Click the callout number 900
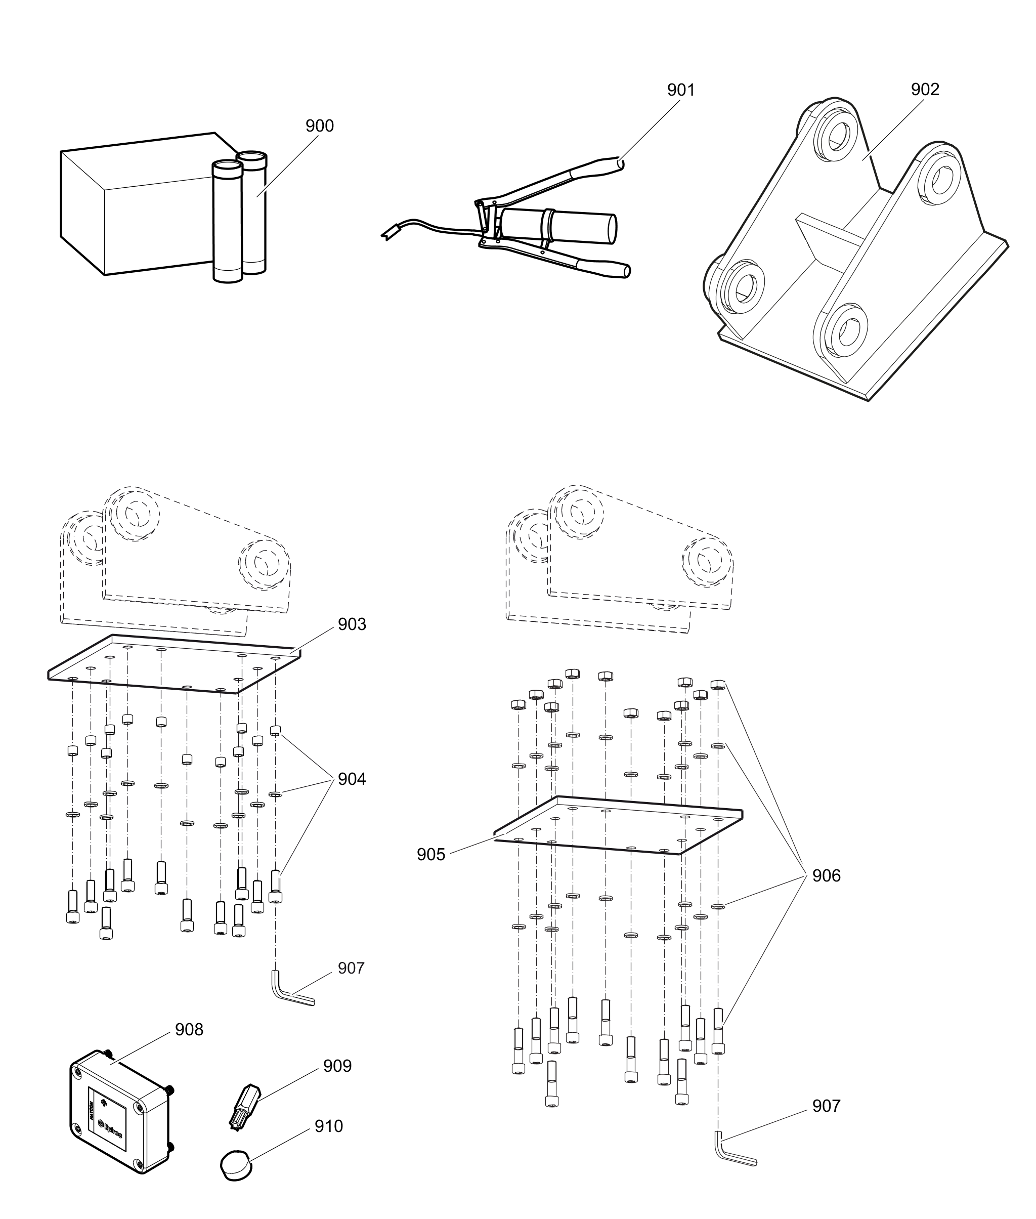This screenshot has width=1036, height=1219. coord(320,125)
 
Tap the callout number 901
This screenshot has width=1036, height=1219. coord(681,90)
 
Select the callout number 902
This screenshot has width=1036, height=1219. coord(925,89)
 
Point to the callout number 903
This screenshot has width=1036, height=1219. coord(352,624)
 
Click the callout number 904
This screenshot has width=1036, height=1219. coord(352,779)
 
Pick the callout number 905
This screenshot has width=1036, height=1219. coord(431,855)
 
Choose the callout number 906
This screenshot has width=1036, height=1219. coord(827,876)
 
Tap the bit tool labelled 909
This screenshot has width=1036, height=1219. coord(245,1106)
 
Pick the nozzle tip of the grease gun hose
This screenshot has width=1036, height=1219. coord(388,233)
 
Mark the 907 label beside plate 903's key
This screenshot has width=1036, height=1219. coord(351,968)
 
